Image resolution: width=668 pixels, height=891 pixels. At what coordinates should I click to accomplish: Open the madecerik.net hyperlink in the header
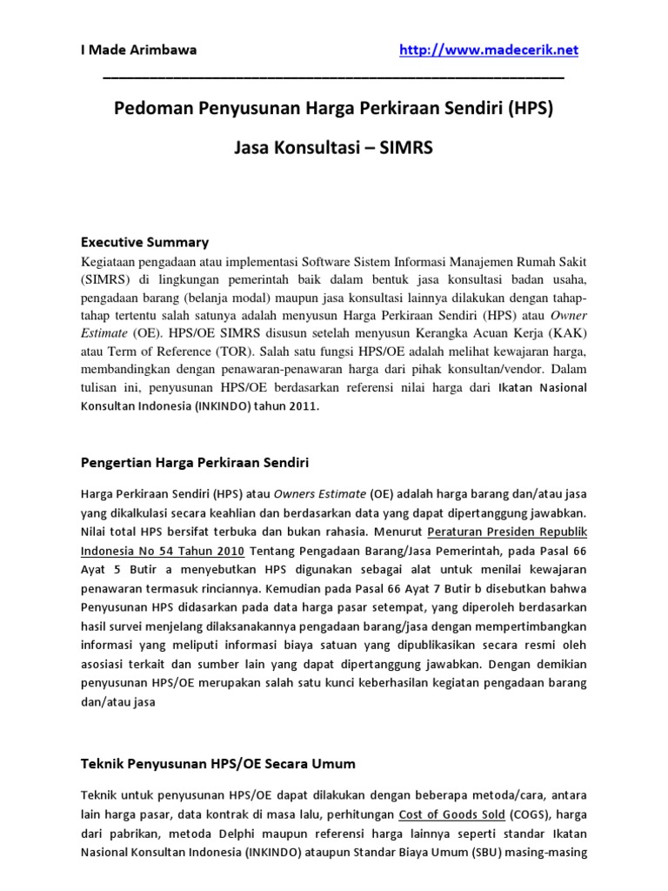point(488,50)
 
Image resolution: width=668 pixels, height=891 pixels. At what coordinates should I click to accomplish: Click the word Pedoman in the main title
point(150,111)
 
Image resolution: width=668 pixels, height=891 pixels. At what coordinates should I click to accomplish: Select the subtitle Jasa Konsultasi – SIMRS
point(333,148)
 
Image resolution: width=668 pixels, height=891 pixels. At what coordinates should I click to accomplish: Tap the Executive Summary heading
point(145,242)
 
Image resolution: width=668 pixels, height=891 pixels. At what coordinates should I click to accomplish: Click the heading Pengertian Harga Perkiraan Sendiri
point(196,460)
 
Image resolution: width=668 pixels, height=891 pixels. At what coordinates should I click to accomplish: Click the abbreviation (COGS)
point(523,815)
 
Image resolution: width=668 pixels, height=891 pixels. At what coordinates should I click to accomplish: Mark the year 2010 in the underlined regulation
point(226,549)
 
